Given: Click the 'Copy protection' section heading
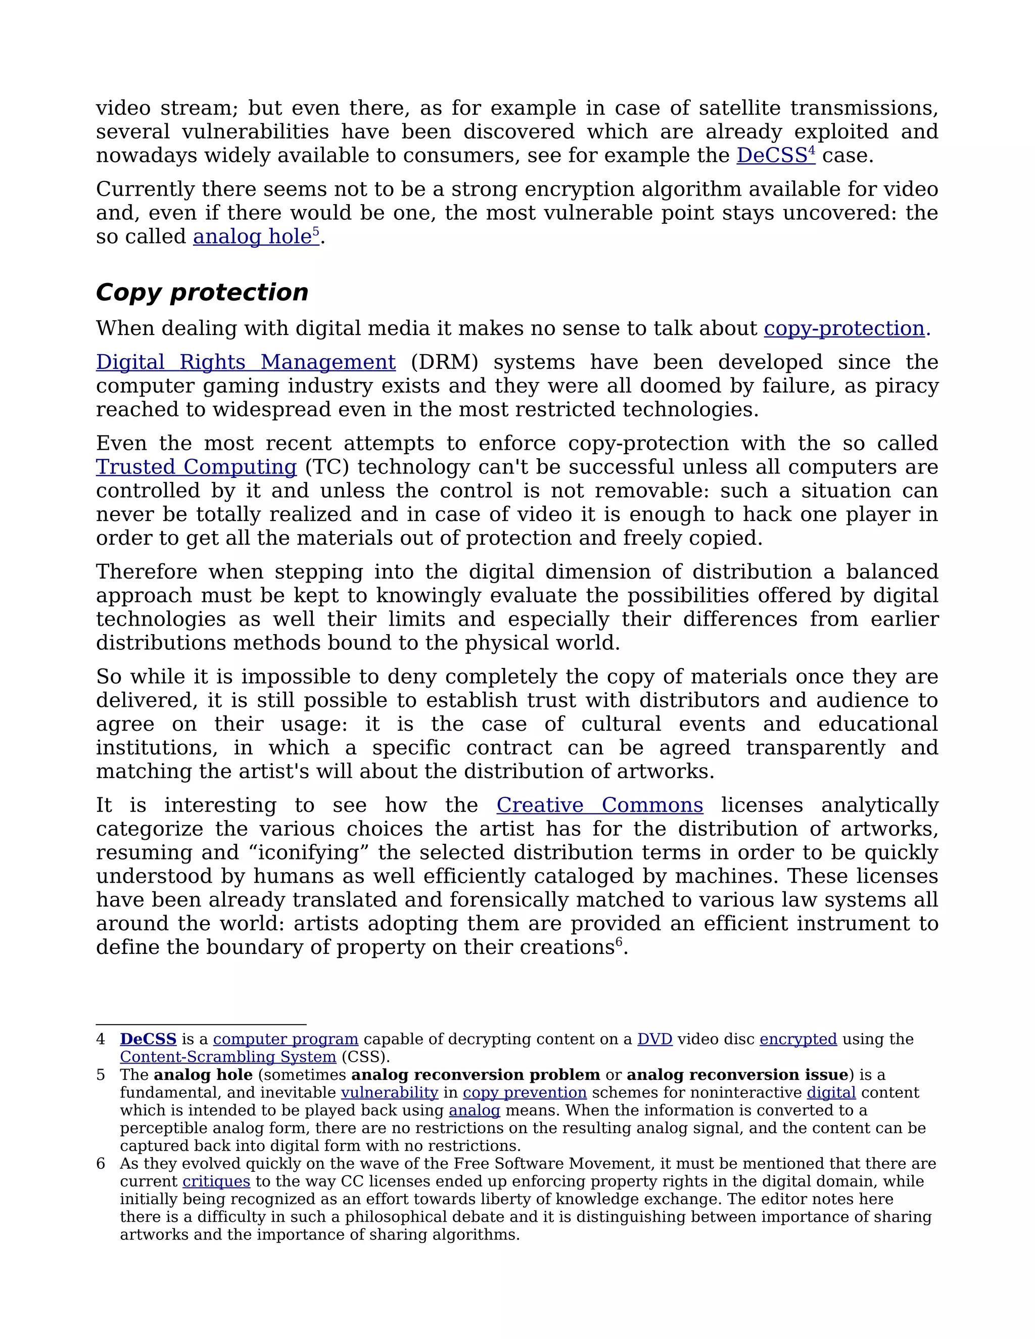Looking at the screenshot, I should point(202,293).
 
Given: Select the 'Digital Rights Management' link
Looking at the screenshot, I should point(245,362).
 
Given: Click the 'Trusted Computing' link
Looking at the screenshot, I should point(196,467).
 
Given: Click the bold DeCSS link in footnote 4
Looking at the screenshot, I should point(148,1039).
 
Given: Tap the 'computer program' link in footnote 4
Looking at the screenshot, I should point(285,1039).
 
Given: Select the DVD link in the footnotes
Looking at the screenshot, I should point(654,1039).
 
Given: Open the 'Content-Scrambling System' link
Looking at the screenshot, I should point(228,1057).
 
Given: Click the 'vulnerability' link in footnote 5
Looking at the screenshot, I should point(389,1092).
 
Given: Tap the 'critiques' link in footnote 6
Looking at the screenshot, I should point(216,1181).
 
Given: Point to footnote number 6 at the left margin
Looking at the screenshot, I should point(101,1164).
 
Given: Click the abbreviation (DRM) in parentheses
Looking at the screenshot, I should point(444,362).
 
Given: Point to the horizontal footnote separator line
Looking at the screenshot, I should point(201,1025).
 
